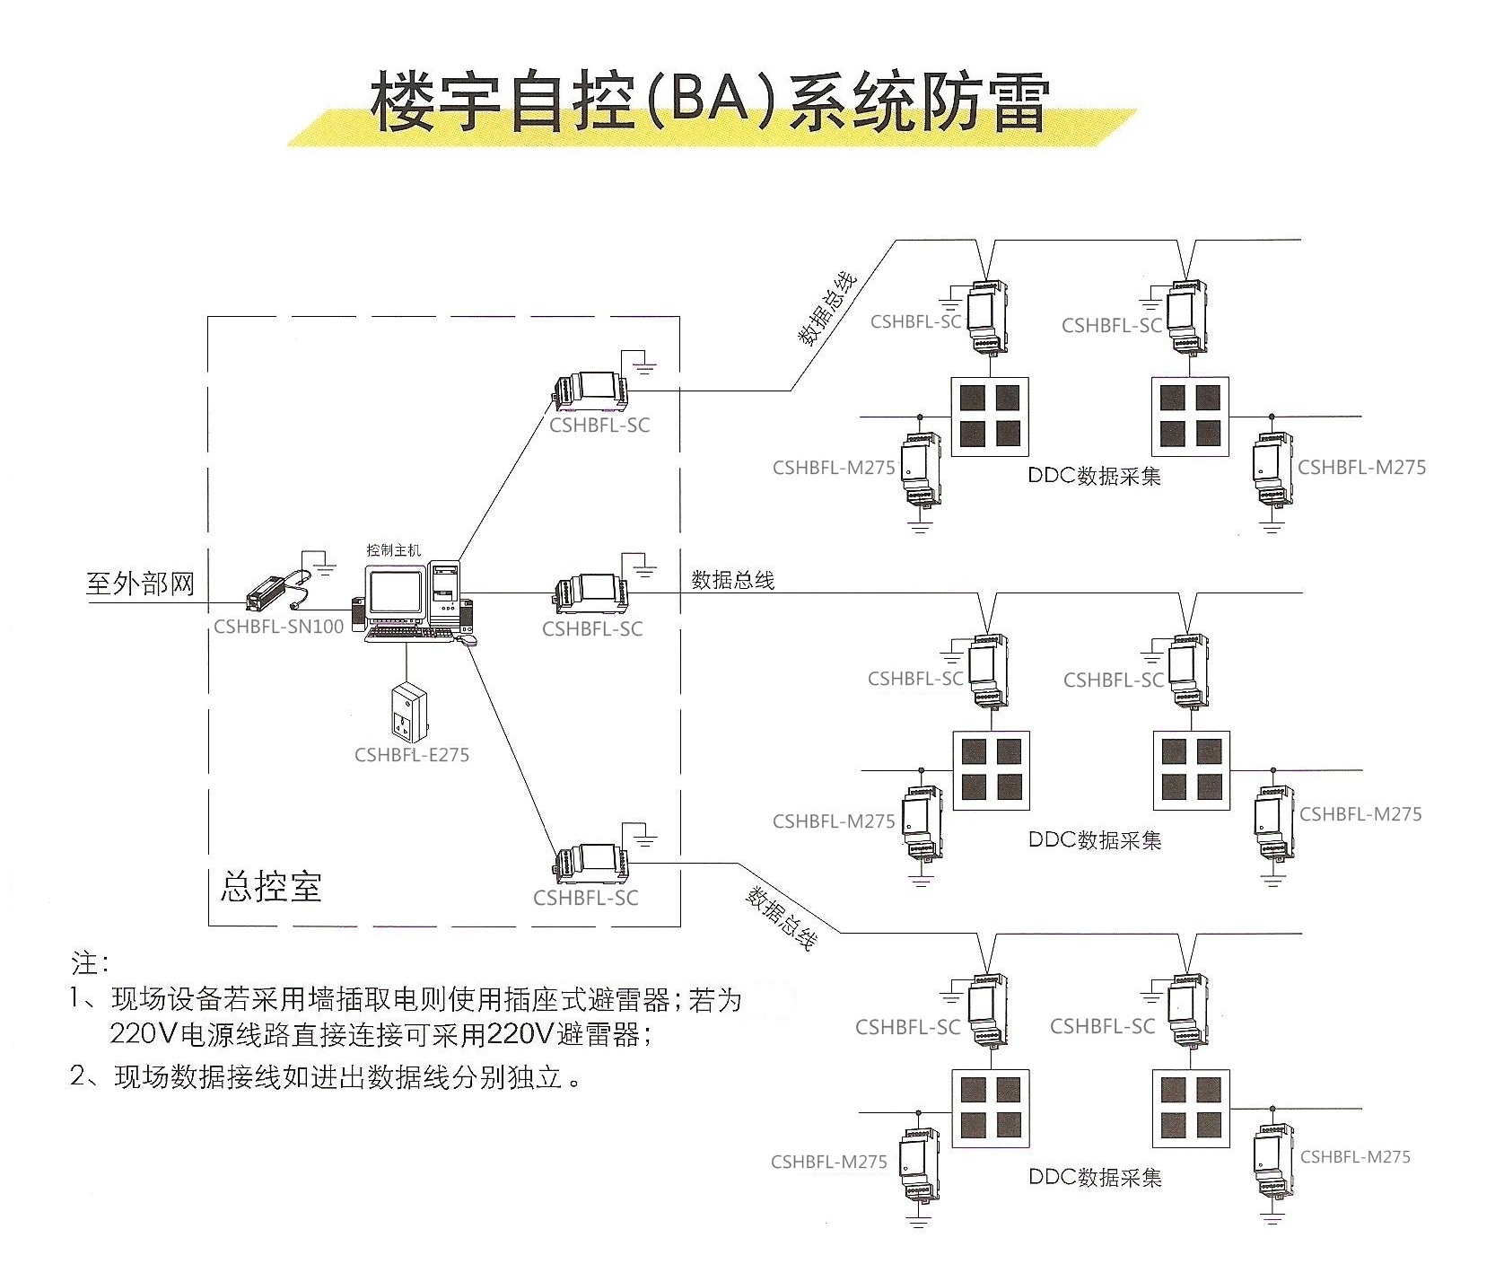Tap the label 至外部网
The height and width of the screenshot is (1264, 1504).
click(x=140, y=584)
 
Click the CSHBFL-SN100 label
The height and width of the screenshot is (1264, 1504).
click(x=278, y=627)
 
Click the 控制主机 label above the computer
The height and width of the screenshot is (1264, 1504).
click(x=393, y=549)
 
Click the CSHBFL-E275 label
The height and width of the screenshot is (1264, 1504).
click(x=411, y=755)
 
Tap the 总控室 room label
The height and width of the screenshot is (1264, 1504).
click(x=270, y=886)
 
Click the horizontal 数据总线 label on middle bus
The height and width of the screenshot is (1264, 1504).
click(x=732, y=580)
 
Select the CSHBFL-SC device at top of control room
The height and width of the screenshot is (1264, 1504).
click(x=590, y=387)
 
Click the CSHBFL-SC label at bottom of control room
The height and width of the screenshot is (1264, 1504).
click(x=585, y=898)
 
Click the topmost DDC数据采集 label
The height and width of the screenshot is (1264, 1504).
click(x=1094, y=476)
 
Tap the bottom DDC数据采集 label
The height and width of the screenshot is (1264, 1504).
click(x=1094, y=1177)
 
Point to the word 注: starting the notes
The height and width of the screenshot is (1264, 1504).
click(x=91, y=964)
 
